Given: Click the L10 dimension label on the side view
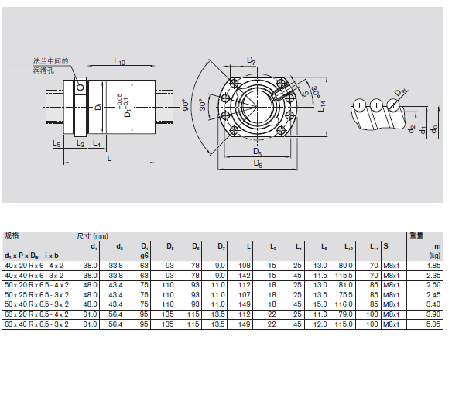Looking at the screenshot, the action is [x=120, y=61].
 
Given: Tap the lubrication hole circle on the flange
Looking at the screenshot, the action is [x=80, y=88].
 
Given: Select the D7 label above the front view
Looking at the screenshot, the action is [x=252, y=60].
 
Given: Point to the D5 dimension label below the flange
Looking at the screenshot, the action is [x=258, y=163].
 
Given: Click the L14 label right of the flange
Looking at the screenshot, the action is [x=322, y=106].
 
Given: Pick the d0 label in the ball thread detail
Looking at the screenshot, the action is [x=434, y=129].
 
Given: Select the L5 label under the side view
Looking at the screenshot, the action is [x=56, y=143].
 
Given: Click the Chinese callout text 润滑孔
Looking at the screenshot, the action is [x=43, y=70].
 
